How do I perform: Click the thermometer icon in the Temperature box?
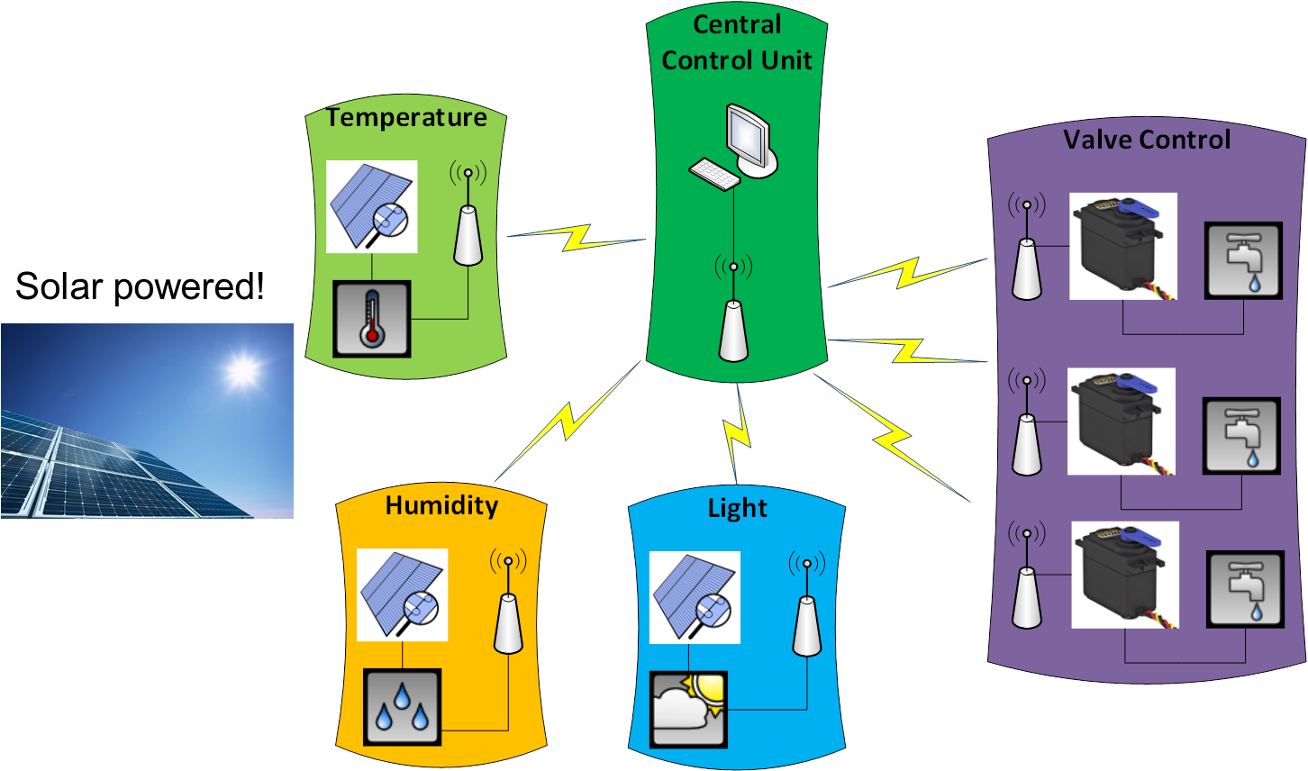[372, 318]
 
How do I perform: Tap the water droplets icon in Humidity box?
[402, 705]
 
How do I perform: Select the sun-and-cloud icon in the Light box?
[689, 709]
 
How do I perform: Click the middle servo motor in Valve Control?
[1122, 421]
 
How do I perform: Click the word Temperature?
[406, 118]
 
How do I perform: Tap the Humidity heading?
[441, 505]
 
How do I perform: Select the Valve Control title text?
[1146, 140]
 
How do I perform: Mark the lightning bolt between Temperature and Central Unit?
[576, 237]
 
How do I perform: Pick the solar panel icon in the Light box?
[695, 595]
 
